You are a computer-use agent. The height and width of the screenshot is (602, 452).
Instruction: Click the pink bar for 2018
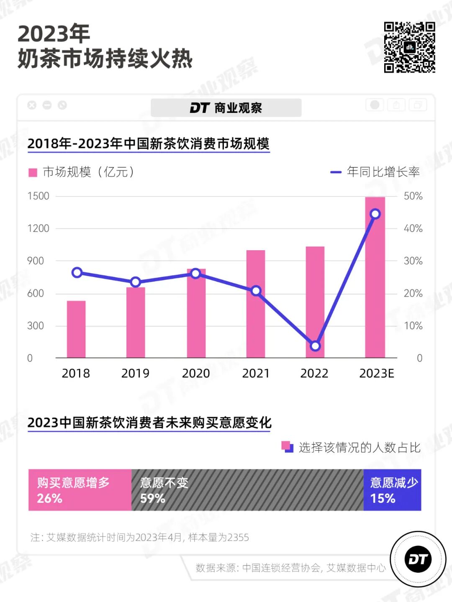tap(76, 329)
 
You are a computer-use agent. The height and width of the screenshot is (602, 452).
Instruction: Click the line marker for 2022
tap(316, 346)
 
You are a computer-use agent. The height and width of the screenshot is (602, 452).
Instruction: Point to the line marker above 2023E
tap(375, 214)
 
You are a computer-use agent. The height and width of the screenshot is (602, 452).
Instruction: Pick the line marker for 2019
tap(136, 282)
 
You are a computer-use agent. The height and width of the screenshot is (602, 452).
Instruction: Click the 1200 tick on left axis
tap(38, 228)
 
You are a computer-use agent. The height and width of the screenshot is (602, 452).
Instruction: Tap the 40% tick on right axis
tap(413, 228)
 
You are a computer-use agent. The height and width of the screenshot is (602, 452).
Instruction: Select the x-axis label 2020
tap(195, 373)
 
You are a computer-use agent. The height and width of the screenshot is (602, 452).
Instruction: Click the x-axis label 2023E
tap(376, 373)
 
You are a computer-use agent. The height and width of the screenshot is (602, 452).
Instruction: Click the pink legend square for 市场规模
tap(33, 172)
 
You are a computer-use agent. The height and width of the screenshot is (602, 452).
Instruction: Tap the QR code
tap(409, 47)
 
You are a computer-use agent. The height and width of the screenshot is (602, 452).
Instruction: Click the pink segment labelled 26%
tap(80, 490)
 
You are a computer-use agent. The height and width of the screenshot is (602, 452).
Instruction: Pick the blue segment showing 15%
tap(392, 490)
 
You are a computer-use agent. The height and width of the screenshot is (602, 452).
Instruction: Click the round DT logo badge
tap(418, 559)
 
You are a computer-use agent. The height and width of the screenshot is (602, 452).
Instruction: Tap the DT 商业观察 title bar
tap(226, 108)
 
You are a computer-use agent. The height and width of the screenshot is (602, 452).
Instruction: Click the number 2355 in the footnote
tap(238, 538)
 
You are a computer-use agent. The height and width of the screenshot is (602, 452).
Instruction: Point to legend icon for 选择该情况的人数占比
tap(288, 447)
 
